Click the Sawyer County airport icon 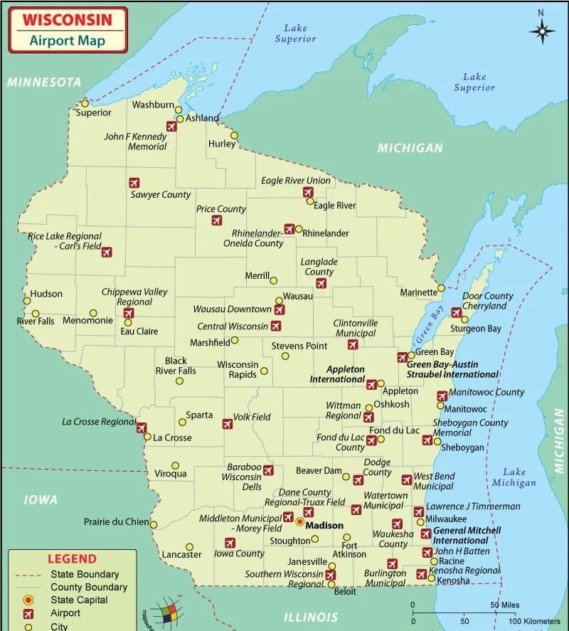coord(134,183)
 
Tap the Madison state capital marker coord(299,521)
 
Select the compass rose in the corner coord(542,31)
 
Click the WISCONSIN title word coord(68,20)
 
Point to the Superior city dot coord(85,104)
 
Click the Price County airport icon coord(217,221)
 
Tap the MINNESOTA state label coord(44,83)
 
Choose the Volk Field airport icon coord(228,424)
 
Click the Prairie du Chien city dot coord(154,524)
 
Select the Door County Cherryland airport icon coord(456,312)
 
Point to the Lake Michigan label coord(514,477)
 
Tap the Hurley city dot coord(234,136)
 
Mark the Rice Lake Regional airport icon coord(107,252)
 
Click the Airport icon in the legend coord(28,613)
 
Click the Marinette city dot coord(441,288)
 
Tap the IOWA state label coord(41,500)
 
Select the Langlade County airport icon coord(321,283)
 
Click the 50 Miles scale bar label coord(504,605)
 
